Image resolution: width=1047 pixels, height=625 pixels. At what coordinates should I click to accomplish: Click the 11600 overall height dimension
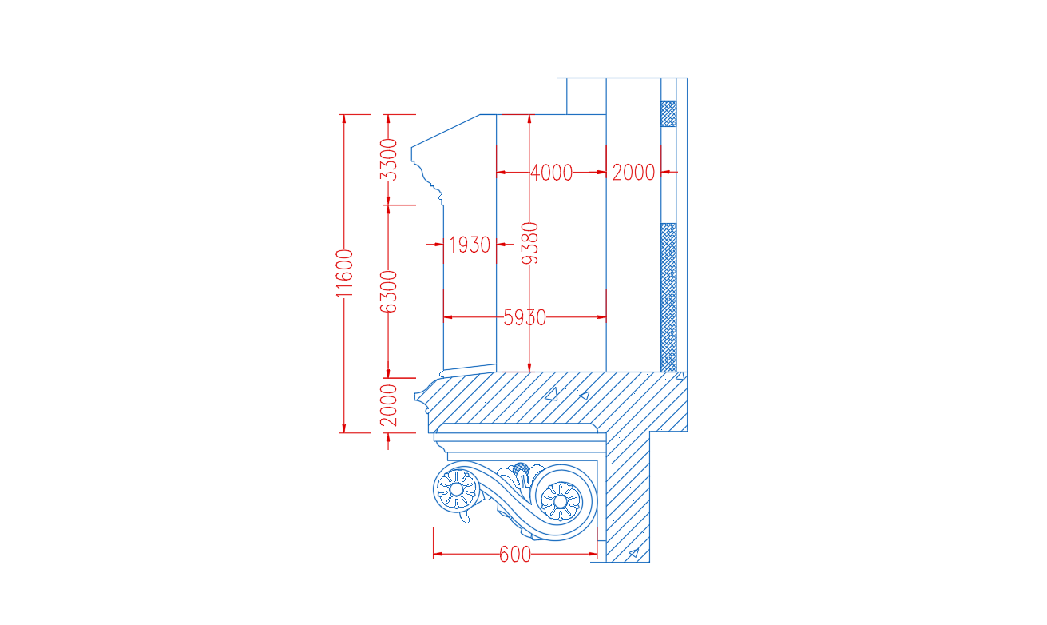[x=344, y=273]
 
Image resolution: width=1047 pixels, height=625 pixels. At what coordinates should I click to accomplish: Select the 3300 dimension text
[x=388, y=160]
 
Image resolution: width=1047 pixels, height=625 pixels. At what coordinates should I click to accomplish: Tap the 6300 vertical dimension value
[x=388, y=292]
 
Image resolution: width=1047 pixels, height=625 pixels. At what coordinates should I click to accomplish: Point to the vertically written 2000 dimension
[x=388, y=405]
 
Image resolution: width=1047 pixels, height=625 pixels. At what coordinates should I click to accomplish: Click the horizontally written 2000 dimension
[x=633, y=173]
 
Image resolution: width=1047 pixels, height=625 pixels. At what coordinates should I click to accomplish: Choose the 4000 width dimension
[x=552, y=173]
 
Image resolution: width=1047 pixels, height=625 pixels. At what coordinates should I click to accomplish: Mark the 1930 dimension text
[x=470, y=245]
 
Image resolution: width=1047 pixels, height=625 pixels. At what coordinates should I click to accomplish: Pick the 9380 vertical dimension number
[x=530, y=243]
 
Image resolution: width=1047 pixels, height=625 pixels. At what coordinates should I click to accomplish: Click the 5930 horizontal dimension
[x=525, y=317]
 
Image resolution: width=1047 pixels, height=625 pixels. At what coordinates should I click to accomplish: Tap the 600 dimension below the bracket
[x=515, y=555]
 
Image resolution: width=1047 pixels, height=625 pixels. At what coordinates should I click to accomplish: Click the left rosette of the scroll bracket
[x=456, y=489]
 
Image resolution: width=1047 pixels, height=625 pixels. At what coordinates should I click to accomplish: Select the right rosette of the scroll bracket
[x=561, y=501]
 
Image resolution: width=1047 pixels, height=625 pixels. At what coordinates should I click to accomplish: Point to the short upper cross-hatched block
[x=668, y=113]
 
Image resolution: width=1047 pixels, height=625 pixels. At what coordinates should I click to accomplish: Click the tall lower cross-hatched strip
[x=668, y=297]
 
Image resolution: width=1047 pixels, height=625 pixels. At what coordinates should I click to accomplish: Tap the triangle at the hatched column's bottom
[x=634, y=553]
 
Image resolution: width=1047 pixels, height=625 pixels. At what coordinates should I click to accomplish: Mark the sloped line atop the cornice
[x=446, y=131]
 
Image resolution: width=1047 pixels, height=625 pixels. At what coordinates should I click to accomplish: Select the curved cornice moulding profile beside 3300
[x=427, y=177]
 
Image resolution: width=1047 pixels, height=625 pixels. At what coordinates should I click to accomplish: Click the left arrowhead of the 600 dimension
[x=438, y=555]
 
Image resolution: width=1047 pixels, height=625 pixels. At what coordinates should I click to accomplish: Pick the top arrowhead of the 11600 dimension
[x=344, y=119]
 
